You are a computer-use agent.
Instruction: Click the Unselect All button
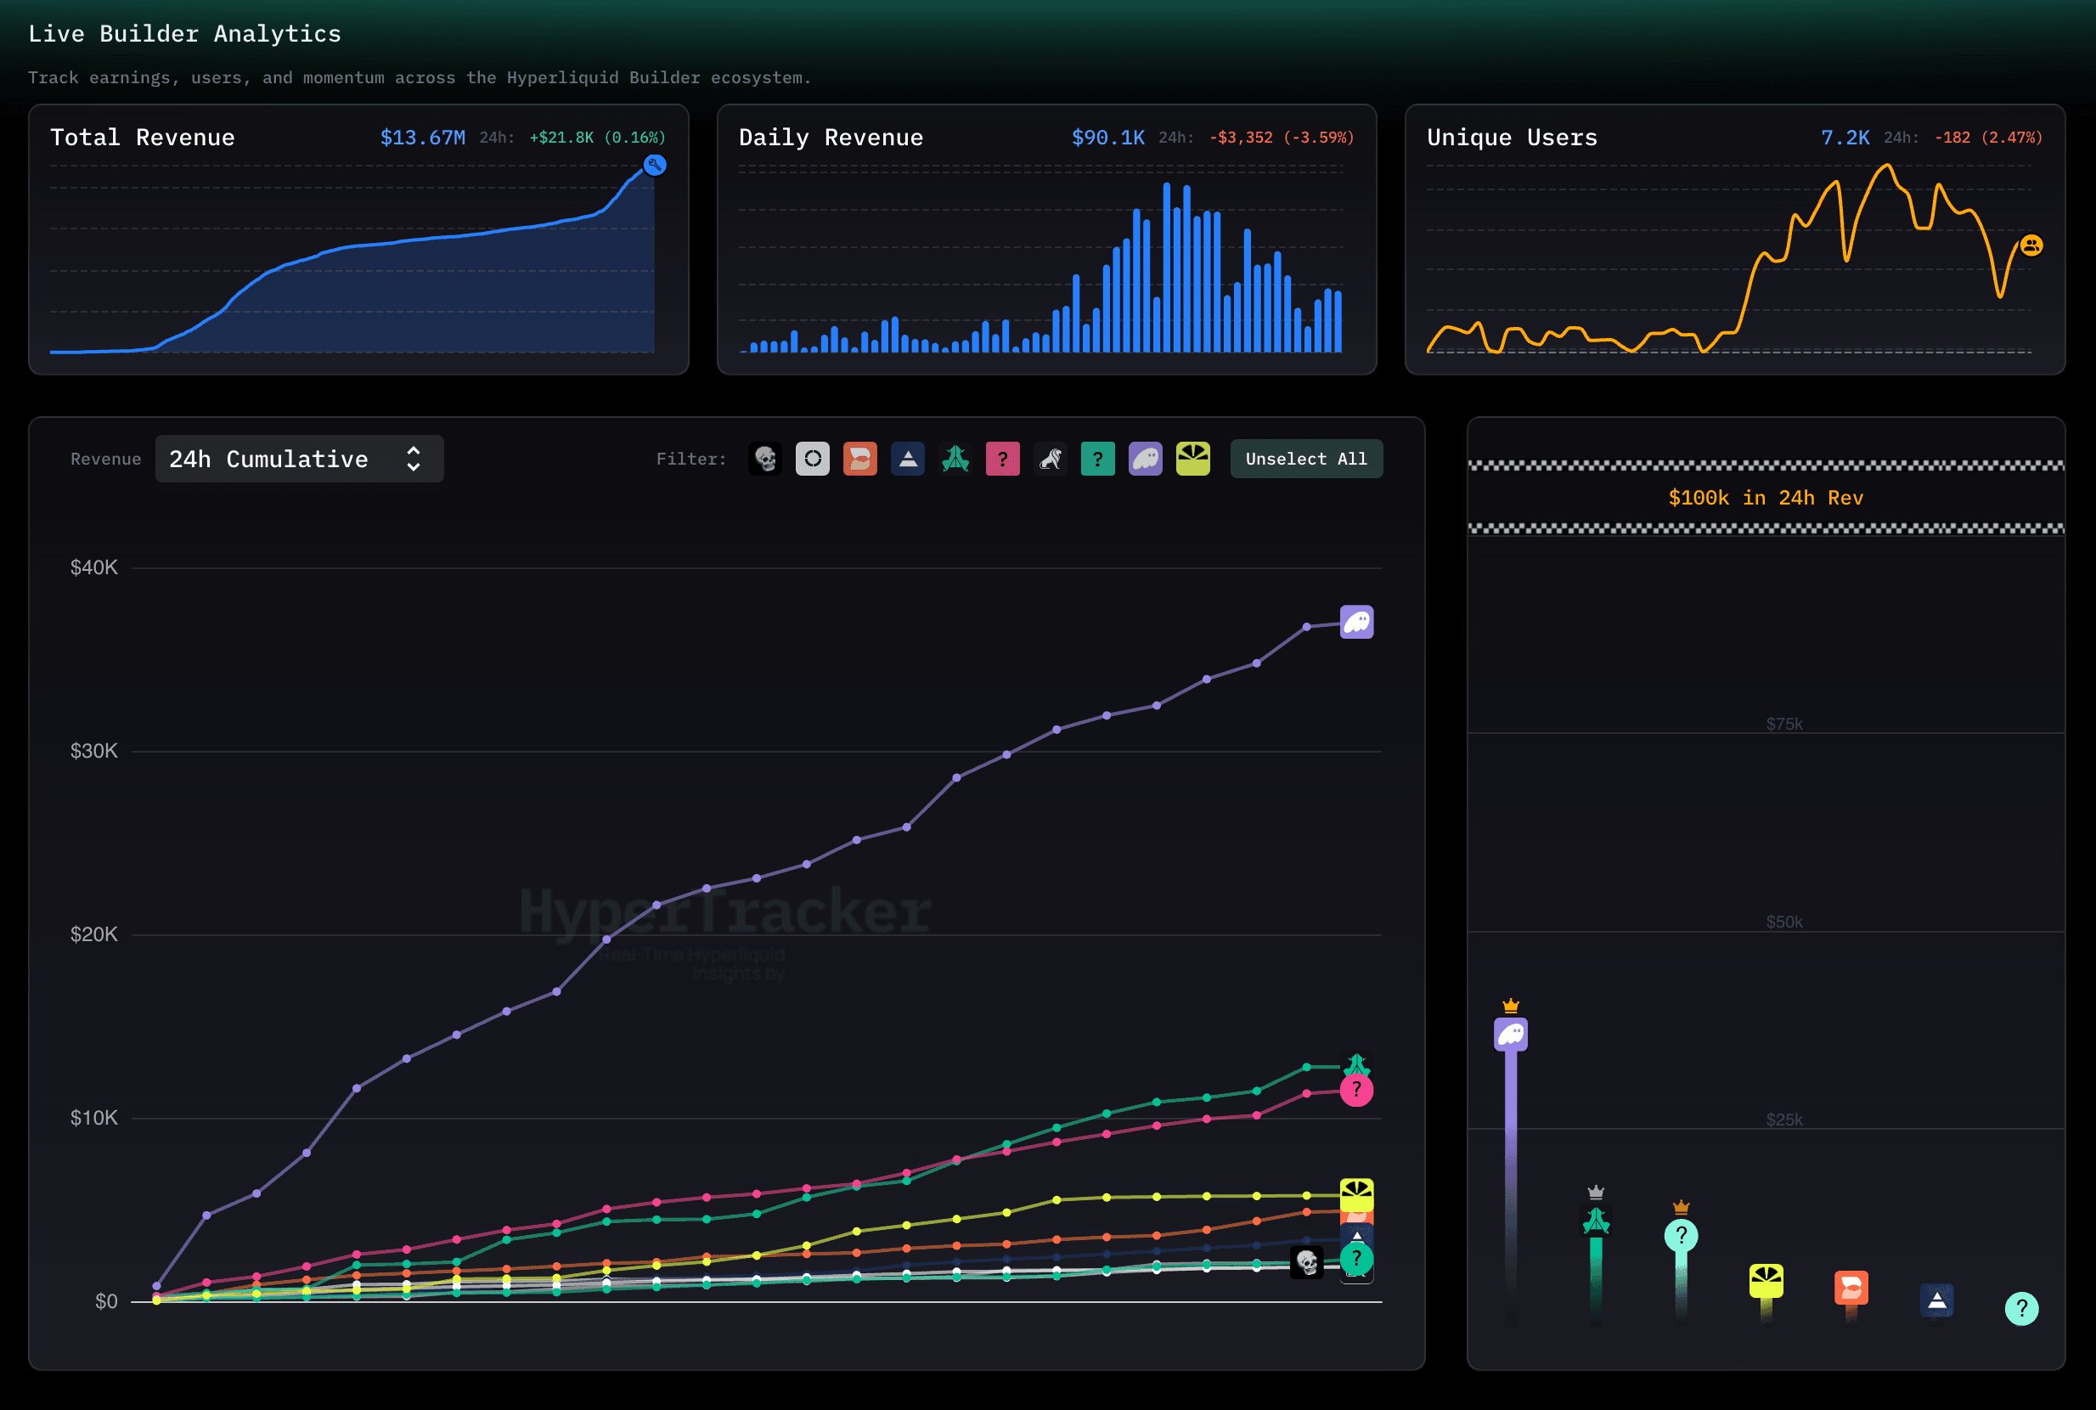click(x=1305, y=459)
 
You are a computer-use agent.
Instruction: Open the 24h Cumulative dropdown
click(x=299, y=459)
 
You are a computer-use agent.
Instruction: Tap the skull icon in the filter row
click(x=765, y=459)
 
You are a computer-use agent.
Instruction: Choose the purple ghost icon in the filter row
click(x=1145, y=459)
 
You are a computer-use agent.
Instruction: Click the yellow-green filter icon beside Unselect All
click(x=1192, y=459)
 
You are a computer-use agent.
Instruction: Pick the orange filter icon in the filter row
click(x=859, y=459)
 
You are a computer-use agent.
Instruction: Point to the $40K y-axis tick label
click(x=93, y=567)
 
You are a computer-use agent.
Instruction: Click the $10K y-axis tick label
click(x=93, y=1118)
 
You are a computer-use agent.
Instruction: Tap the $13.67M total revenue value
click(x=423, y=138)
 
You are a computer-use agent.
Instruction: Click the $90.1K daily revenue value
click(x=1107, y=138)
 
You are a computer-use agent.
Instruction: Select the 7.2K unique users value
click(x=1845, y=138)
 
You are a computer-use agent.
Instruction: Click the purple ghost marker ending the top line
click(x=1356, y=623)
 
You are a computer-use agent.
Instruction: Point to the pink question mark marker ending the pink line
click(x=1356, y=1091)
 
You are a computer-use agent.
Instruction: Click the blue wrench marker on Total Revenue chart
click(x=655, y=165)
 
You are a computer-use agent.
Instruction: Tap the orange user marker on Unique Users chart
click(x=2031, y=245)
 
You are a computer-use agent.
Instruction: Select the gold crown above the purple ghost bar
click(x=1511, y=1006)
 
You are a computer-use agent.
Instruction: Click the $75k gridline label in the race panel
click(x=1784, y=724)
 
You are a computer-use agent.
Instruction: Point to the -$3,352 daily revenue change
click(x=1241, y=138)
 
